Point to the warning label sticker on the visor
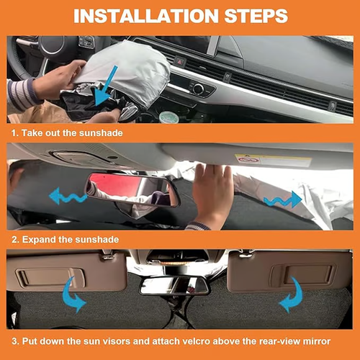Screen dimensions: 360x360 pyautogui.click(x=264, y=161)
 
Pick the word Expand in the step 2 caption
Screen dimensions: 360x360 pyautogui.click(x=36, y=238)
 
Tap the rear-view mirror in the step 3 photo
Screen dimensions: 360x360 pyautogui.click(x=174, y=285)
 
